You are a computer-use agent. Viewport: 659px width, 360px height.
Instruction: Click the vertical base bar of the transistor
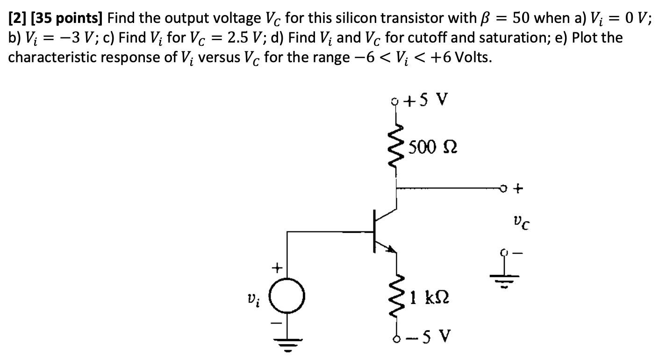tap(374, 231)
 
